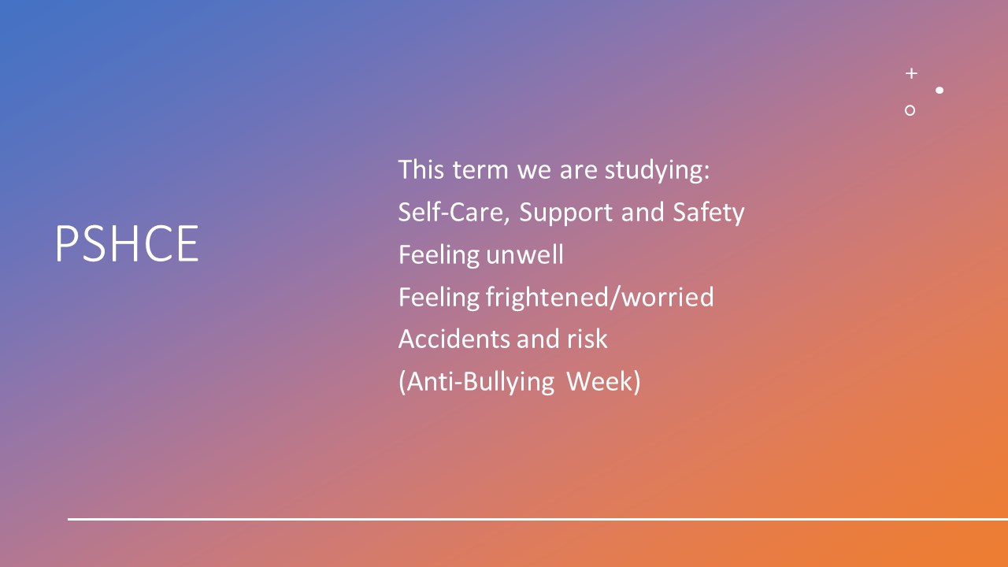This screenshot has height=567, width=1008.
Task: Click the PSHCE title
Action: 127,243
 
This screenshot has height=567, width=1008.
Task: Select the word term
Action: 480,171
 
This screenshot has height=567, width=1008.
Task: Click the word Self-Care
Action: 452,212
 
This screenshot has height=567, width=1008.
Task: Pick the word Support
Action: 565,213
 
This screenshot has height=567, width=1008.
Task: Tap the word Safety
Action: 709,213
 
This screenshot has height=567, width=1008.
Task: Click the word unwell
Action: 524,254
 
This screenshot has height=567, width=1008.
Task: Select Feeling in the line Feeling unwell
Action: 439,256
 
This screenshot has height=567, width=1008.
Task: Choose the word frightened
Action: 547,298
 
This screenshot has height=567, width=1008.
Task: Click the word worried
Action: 668,297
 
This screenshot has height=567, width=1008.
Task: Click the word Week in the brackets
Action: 600,382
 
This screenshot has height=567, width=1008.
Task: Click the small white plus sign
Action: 911,73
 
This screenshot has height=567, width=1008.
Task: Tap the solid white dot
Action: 939,91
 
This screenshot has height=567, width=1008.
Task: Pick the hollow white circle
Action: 910,111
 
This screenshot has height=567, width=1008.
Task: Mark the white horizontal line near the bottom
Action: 538,519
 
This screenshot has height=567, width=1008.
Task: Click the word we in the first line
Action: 534,171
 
